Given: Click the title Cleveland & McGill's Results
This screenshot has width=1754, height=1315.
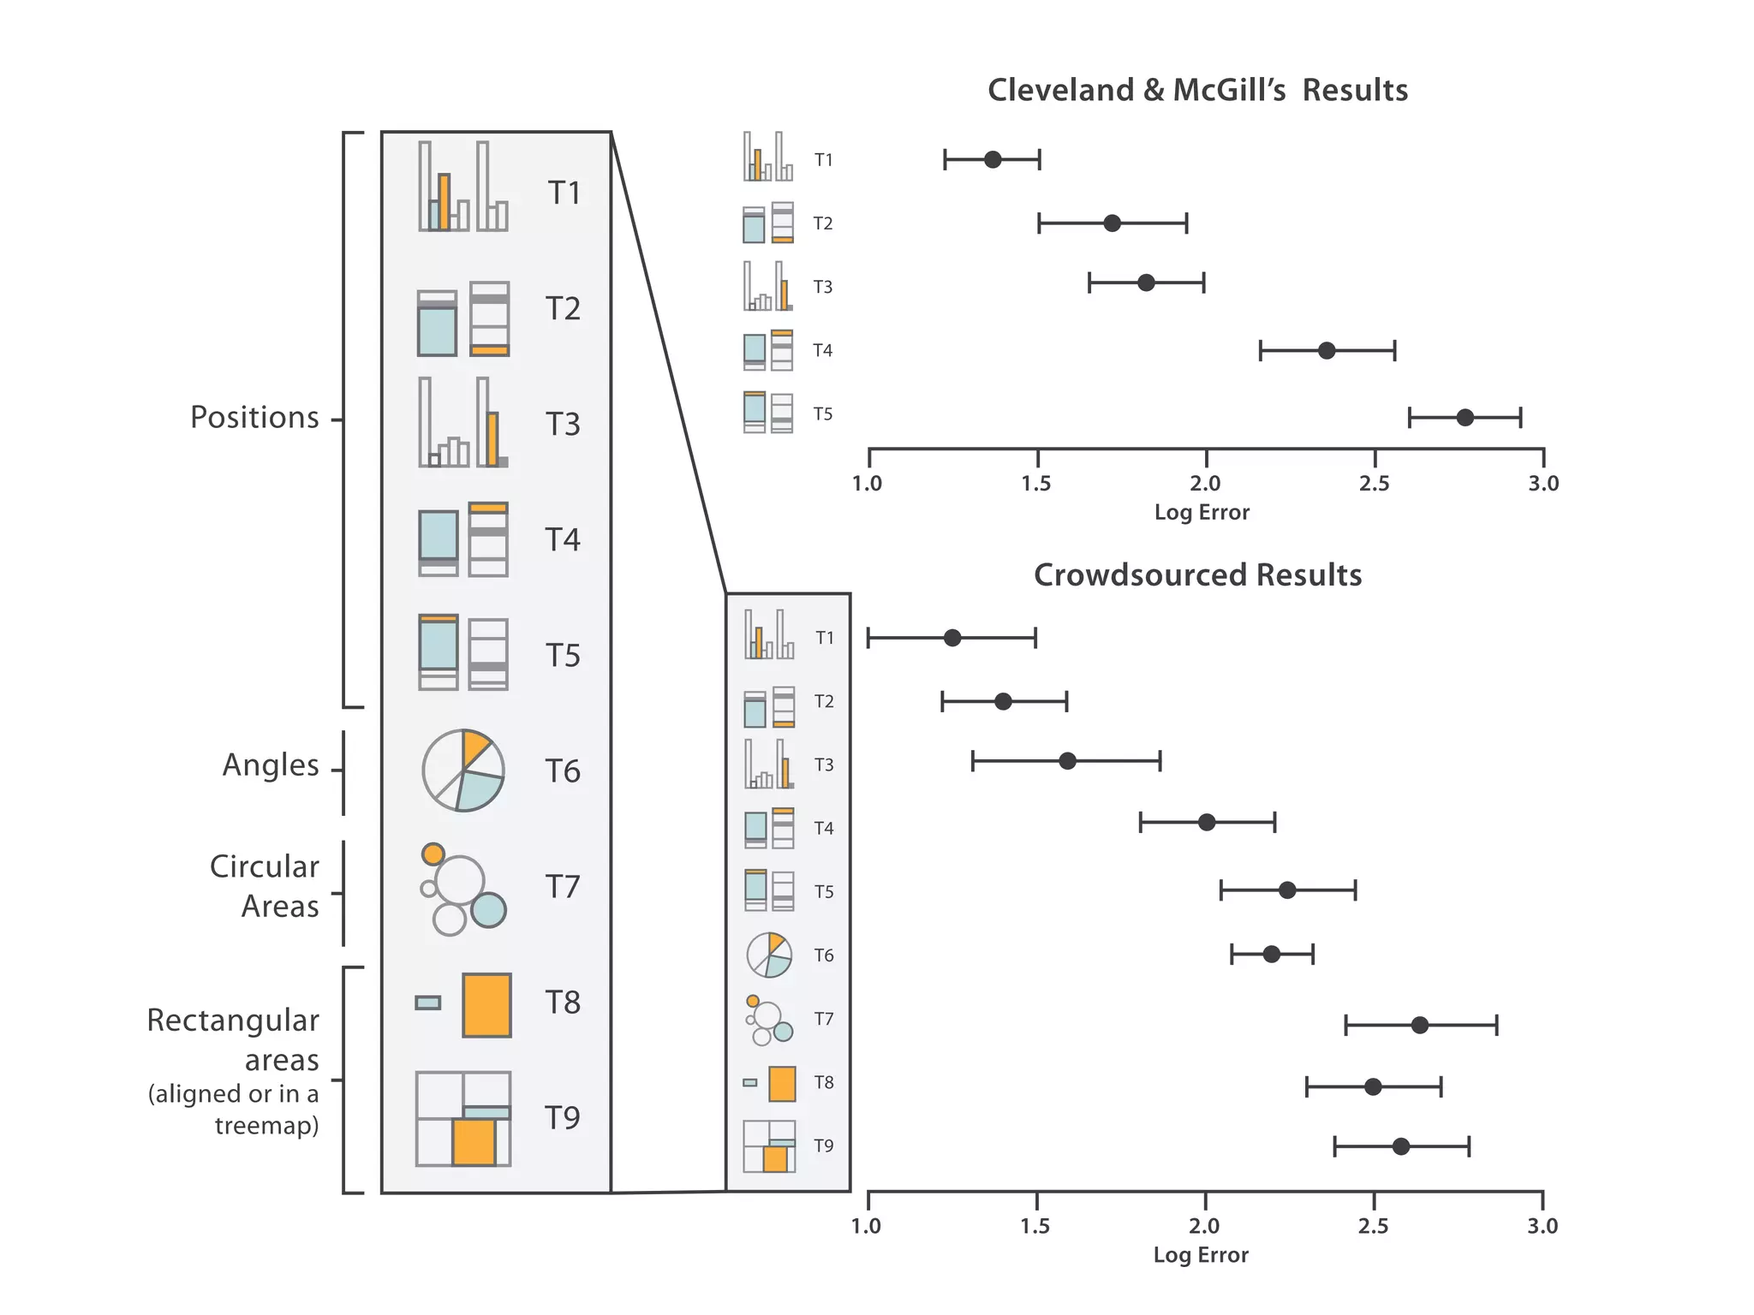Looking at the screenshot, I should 1197,91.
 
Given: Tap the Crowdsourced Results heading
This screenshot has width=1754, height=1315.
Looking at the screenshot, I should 1197,575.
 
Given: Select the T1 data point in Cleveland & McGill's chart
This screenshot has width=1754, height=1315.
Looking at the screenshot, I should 993,159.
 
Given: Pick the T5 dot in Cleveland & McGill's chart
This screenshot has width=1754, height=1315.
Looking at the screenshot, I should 1465,418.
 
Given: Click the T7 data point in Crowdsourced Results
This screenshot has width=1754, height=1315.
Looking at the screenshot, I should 1419,1025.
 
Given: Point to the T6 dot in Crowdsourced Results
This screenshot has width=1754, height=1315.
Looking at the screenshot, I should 1271,954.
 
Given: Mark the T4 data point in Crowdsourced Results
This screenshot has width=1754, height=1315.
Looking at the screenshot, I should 1206,823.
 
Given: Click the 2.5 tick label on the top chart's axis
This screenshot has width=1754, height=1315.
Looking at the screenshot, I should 1374,484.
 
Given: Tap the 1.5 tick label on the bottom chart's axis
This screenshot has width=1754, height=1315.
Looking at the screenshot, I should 1035,1226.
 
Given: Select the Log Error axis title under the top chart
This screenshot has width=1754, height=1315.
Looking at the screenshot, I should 1202,513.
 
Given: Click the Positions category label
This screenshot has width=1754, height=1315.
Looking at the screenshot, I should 254,418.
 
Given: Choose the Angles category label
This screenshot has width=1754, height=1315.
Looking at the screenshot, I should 271,765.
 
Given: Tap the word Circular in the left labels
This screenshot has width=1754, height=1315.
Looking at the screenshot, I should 264,867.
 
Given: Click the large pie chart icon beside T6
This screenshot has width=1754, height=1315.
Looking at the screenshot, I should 462,771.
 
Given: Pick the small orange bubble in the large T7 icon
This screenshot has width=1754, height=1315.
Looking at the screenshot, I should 433,854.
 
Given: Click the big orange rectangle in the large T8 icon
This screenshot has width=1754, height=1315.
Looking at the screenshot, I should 486,1005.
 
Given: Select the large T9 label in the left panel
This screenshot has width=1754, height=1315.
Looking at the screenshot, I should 563,1118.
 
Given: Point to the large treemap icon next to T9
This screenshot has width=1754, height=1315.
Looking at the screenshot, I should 462,1119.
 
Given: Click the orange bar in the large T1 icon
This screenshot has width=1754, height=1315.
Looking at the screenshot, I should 444,202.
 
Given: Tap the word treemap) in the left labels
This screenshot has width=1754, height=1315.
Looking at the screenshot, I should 266,1125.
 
